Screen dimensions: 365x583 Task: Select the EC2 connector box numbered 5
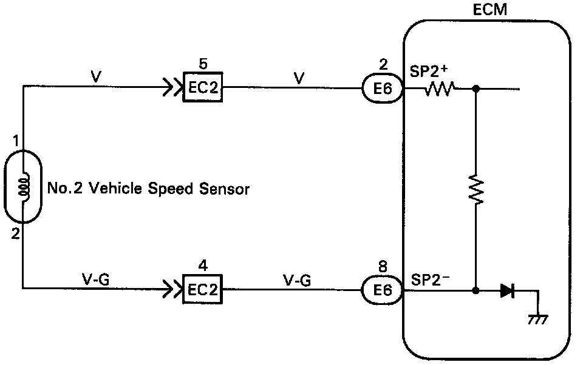[202, 89]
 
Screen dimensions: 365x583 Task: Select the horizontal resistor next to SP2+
[440, 90]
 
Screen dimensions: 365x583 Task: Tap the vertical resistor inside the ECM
[476, 190]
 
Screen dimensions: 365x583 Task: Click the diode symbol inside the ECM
[508, 290]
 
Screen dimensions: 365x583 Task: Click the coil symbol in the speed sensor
[23, 188]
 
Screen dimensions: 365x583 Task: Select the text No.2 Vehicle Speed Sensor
[148, 189]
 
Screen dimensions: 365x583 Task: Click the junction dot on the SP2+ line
[476, 90]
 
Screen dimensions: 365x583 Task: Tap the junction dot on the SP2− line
[476, 290]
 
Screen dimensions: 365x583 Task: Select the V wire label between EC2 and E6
[298, 78]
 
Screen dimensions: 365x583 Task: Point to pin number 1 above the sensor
[15, 141]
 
